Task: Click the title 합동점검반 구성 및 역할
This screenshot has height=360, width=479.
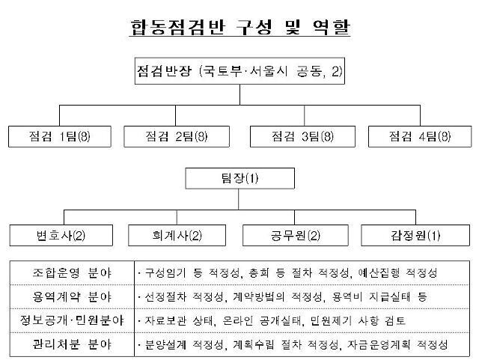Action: (x=239, y=28)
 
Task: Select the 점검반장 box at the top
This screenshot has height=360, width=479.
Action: (x=239, y=72)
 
